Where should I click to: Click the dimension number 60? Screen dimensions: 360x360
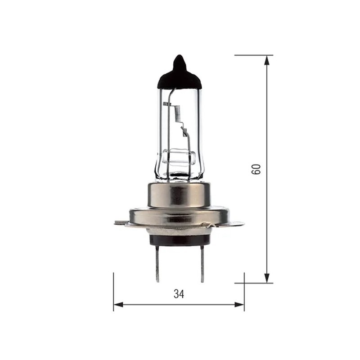click(256, 169)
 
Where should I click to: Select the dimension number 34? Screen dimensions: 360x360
click(179, 294)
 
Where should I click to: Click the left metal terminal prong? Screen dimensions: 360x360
click(157, 263)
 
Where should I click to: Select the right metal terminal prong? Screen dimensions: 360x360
click(202, 263)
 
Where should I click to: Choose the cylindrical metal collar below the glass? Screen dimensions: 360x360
click(180, 193)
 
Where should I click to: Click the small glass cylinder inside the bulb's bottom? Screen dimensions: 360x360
click(179, 158)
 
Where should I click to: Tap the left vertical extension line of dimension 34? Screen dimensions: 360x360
click(113, 288)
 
